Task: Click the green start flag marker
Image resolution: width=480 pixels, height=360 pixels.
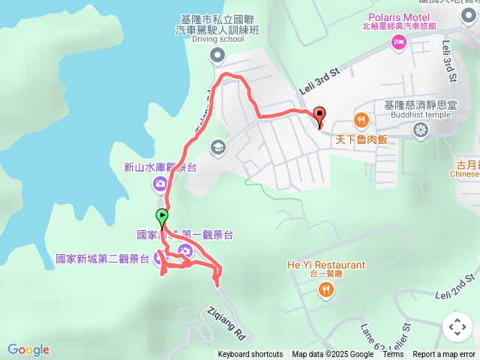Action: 162,218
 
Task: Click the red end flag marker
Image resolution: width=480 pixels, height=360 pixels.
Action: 320,115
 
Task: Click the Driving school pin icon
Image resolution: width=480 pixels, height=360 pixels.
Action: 217,54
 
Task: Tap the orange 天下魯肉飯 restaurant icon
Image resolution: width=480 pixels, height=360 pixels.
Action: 361,120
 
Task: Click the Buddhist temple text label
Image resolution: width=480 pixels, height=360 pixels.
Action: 420,115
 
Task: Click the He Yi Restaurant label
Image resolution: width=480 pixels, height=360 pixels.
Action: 325,265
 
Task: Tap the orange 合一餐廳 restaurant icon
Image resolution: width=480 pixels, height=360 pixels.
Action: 325,289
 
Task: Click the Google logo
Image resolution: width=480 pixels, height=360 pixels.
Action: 28,349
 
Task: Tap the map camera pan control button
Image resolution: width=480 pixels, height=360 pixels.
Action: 457,327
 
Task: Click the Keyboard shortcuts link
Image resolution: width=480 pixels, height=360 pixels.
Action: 250,355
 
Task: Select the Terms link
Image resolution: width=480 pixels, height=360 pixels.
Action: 393,355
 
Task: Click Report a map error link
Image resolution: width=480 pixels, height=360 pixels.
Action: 444,355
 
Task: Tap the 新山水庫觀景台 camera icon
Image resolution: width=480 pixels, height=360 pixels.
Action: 160,184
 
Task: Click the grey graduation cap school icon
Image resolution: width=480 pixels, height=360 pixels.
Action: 217,147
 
